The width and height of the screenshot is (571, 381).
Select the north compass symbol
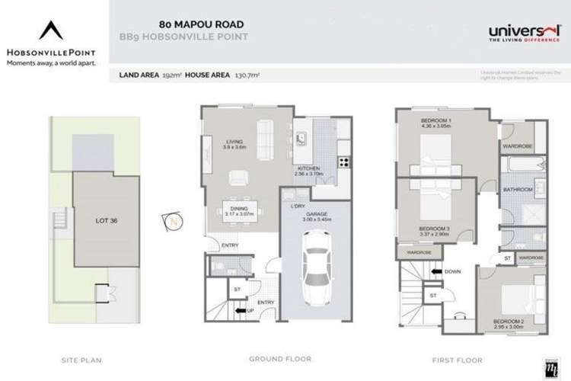point(174,222)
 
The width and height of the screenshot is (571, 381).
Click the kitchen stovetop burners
point(343,162)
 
